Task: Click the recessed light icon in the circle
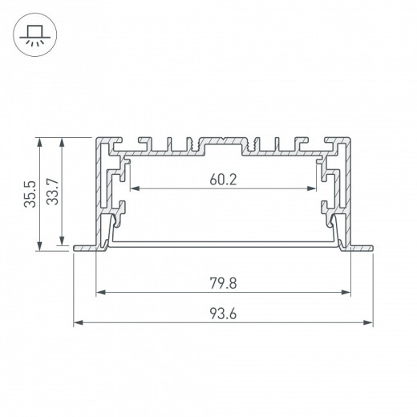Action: [x=34, y=34]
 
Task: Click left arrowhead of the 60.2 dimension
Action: [x=133, y=190]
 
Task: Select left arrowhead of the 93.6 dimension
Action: [x=78, y=323]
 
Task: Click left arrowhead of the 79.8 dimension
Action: [x=99, y=292]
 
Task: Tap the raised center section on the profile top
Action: [x=223, y=138]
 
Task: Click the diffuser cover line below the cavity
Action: [x=223, y=241]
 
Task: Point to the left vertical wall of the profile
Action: [x=99, y=192]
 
